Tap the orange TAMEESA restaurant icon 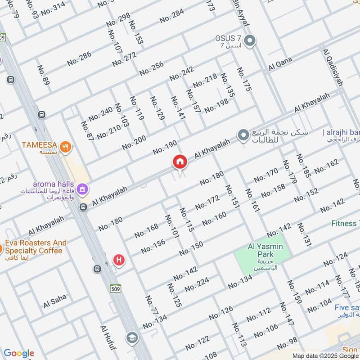66,146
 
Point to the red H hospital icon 119,260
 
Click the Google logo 19,353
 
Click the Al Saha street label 55,301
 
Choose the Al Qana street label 280,64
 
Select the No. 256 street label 152,68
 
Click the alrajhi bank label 342,132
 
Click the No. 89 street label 44,76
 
